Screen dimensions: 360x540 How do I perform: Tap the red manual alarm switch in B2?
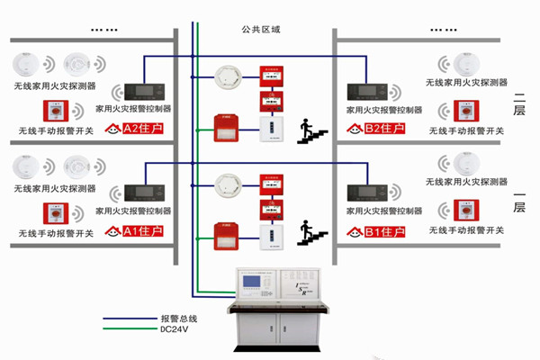(467, 112)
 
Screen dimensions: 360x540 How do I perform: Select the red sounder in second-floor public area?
(225, 129)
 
